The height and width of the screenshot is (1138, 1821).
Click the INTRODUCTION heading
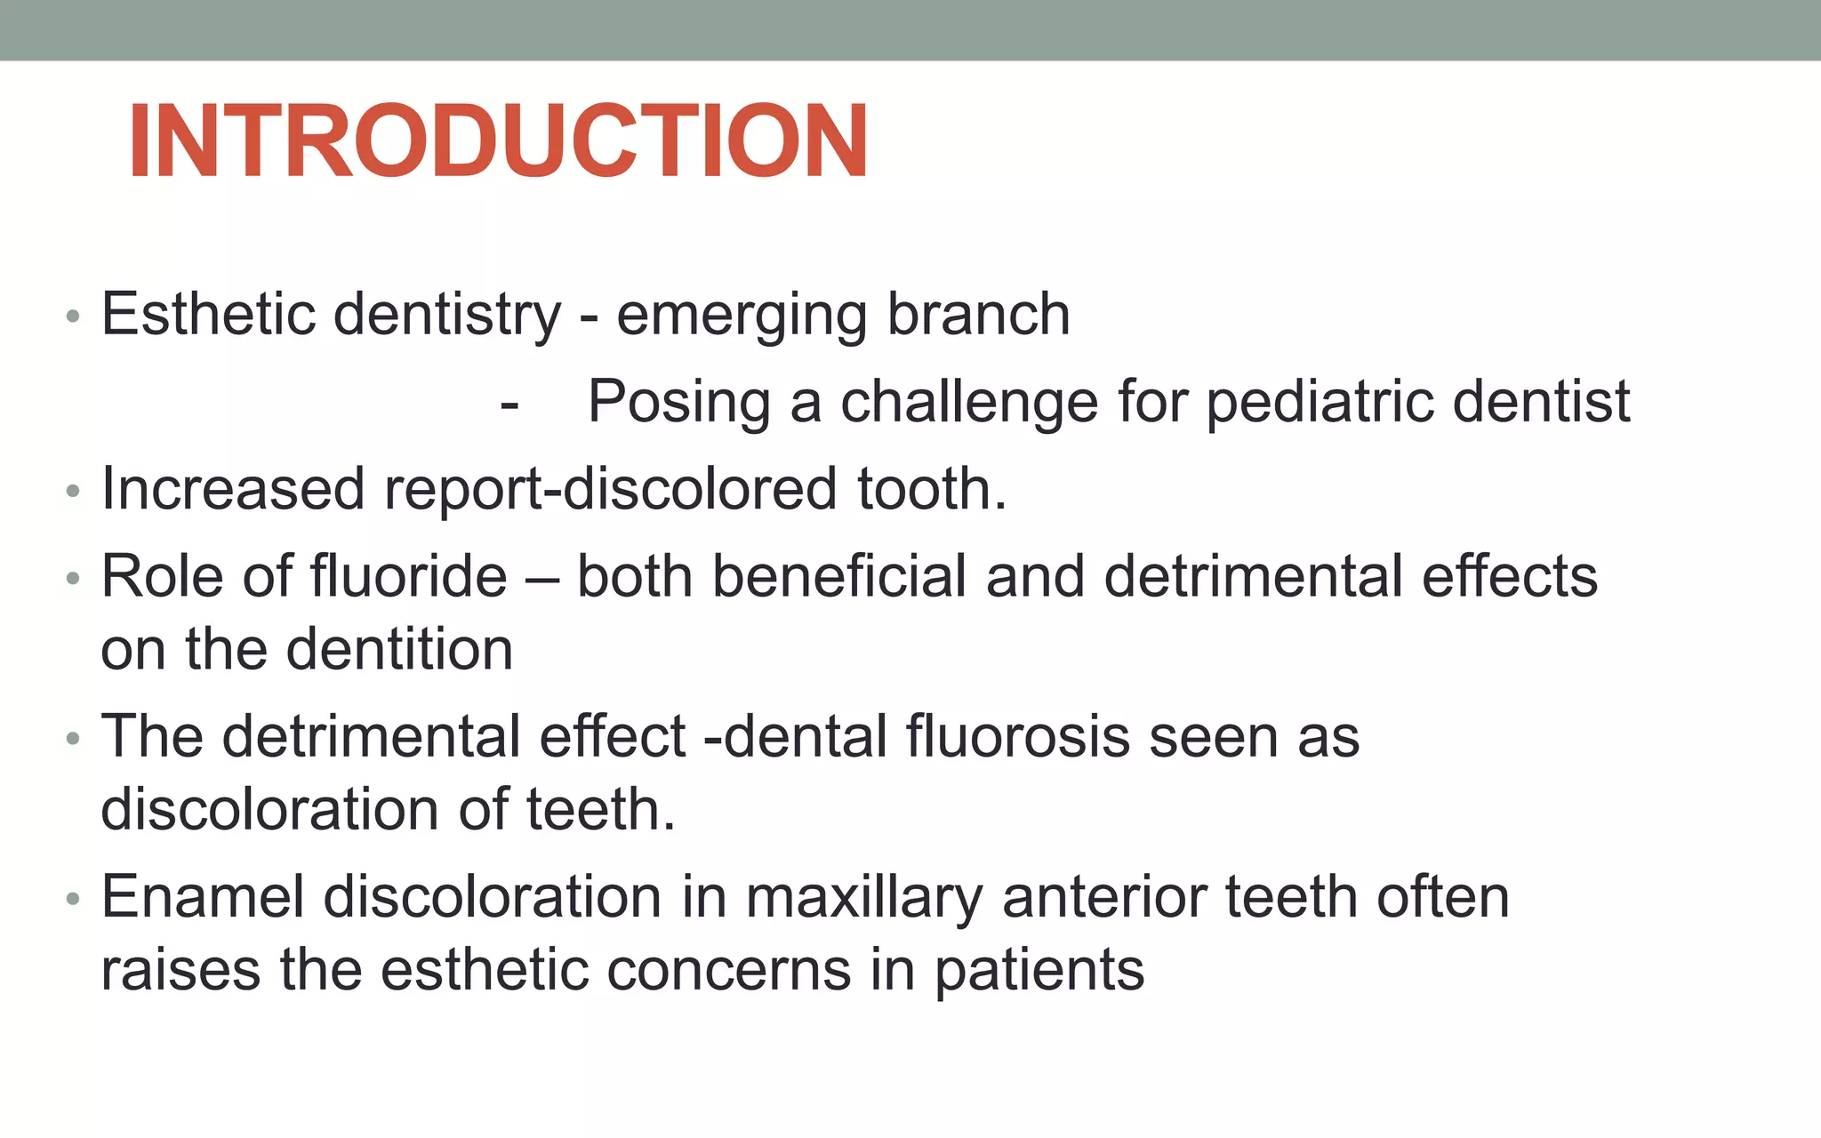(x=498, y=142)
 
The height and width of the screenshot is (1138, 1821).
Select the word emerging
(x=742, y=315)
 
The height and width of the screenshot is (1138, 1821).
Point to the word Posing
(x=679, y=402)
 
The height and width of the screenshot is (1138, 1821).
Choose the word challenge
(x=970, y=402)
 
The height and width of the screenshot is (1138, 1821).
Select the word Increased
(x=233, y=489)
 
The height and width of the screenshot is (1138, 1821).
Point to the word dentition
(x=399, y=649)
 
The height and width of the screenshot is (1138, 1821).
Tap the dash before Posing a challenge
(x=509, y=405)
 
